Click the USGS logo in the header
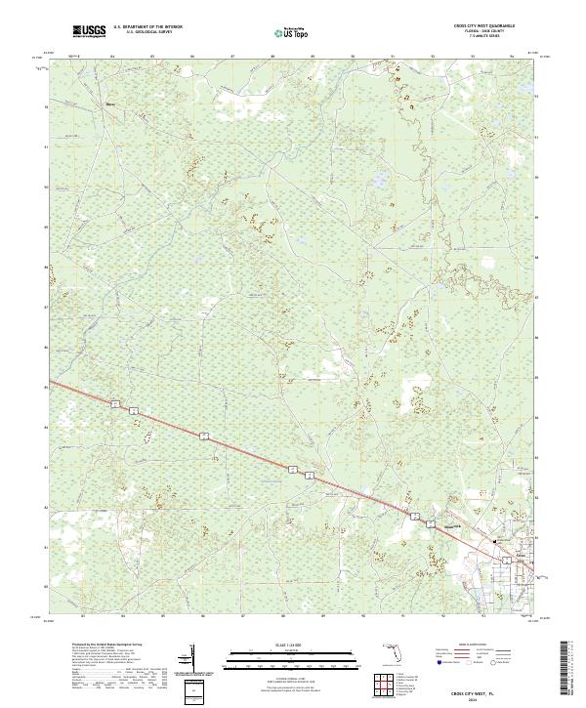tap(89, 32)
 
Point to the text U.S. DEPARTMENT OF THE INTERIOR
tap(147, 27)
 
